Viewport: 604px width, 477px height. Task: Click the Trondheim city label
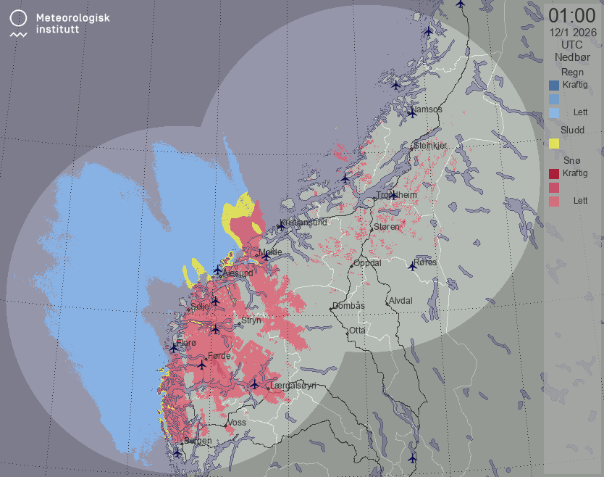coord(397,196)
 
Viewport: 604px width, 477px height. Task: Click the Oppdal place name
coord(367,263)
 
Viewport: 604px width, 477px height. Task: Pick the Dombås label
coord(348,306)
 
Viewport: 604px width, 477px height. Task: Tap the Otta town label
coord(357,330)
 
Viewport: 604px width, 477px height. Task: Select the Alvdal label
coord(400,300)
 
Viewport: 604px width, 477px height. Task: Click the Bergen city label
coord(198,441)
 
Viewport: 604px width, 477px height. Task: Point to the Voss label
coord(237,422)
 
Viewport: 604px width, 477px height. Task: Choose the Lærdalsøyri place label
coord(293,386)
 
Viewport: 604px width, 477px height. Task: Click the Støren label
coord(387,227)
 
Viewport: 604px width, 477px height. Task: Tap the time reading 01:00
coord(571,15)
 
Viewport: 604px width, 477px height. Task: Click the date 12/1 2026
coord(572,32)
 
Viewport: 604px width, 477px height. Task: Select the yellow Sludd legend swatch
coord(554,144)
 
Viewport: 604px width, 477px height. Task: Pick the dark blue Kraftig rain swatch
coord(554,85)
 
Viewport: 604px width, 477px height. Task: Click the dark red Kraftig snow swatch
coord(554,174)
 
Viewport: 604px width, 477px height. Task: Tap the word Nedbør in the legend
coord(571,57)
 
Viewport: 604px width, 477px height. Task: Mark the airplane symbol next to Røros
coord(412,266)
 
